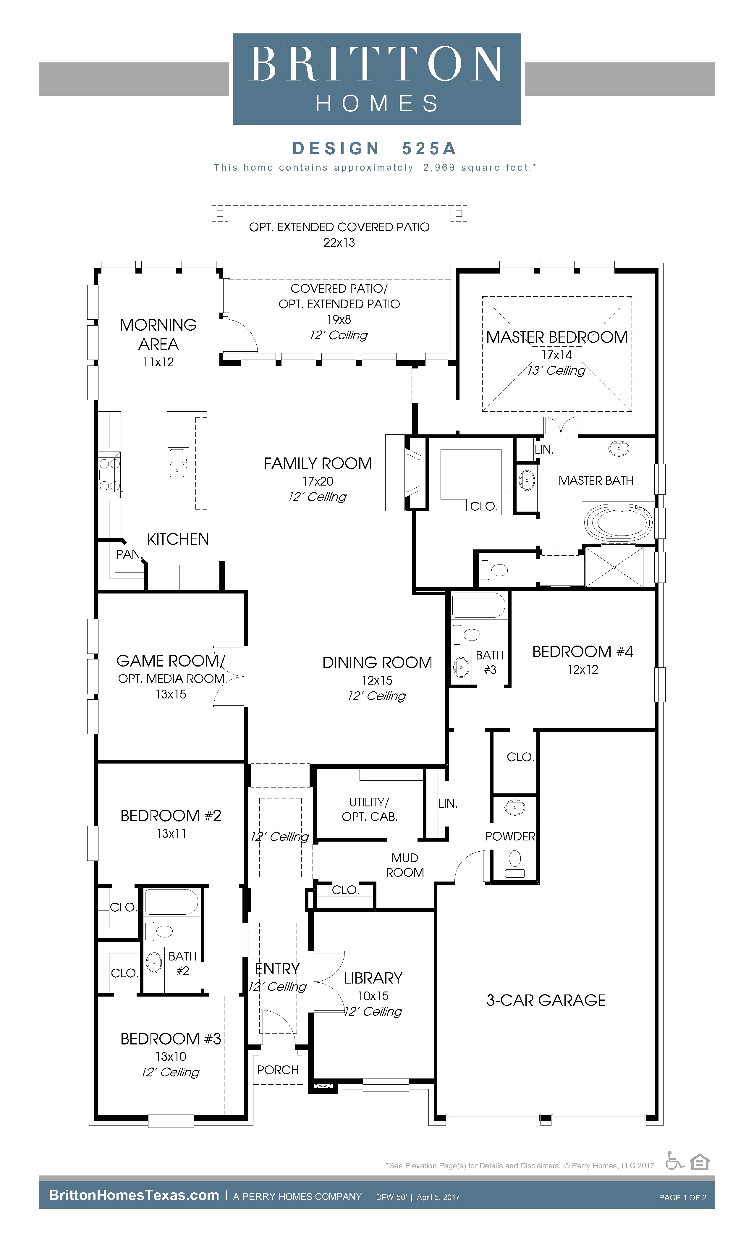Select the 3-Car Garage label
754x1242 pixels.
(x=546, y=1000)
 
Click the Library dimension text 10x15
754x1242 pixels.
(x=373, y=995)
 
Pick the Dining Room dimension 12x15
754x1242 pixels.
(x=377, y=680)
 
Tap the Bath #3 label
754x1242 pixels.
(x=490, y=662)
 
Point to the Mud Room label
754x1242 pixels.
(x=405, y=865)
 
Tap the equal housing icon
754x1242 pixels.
(x=700, y=1161)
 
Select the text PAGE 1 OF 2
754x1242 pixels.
(x=682, y=1197)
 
